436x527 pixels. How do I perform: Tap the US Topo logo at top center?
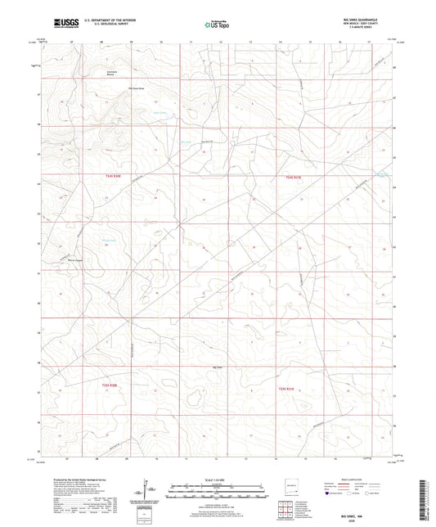click(x=214, y=25)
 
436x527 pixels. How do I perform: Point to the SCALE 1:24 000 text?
click(x=218, y=479)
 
